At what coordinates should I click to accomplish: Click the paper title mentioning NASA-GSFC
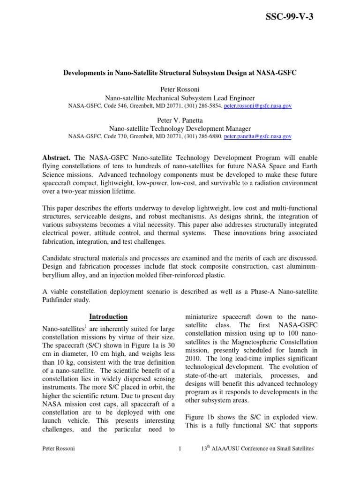(x=180, y=74)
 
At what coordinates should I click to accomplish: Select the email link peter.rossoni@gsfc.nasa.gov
(x=257, y=106)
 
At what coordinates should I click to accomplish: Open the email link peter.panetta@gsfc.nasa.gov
(x=257, y=137)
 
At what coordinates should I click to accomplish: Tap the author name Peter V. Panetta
(x=180, y=120)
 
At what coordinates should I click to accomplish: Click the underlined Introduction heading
(x=108, y=316)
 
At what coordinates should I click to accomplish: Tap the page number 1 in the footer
(x=180, y=449)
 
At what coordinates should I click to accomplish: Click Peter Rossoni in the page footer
(x=59, y=449)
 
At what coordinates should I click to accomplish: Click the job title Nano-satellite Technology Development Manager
(x=180, y=129)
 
